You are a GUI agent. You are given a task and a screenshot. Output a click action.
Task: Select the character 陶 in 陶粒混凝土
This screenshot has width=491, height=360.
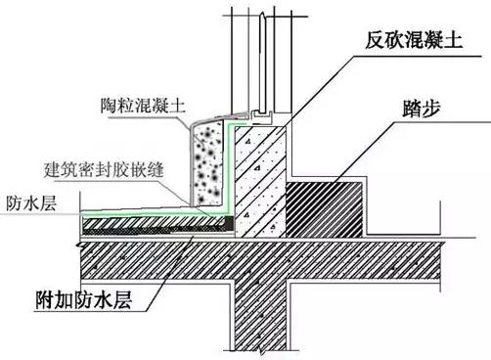point(110,103)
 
